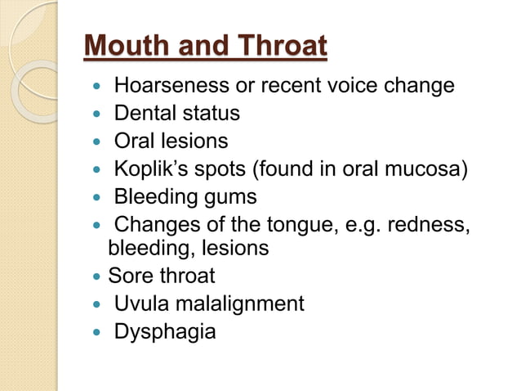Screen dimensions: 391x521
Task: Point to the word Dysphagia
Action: click(x=164, y=333)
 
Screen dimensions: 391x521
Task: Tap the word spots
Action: click(x=220, y=170)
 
